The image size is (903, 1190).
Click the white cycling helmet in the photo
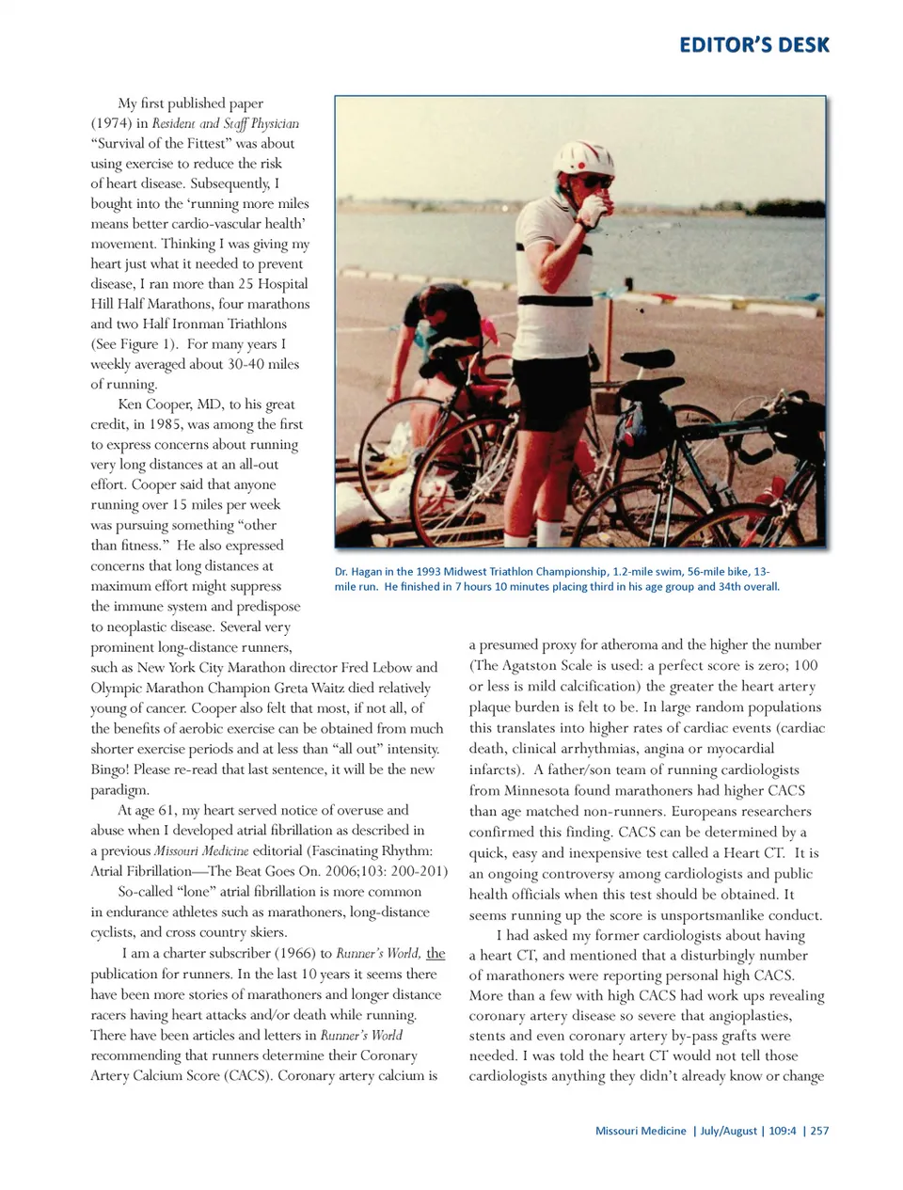[x=577, y=157]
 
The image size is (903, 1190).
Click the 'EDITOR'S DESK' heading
[x=754, y=45]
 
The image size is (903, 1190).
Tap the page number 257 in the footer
[x=819, y=1131]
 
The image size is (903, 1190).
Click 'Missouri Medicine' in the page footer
[x=641, y=1131]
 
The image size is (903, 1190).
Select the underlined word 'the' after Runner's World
[x=436, y=953]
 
